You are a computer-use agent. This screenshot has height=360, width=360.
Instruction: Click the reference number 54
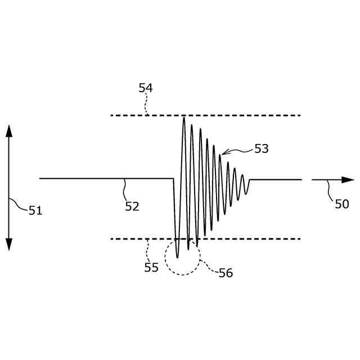click(x=146, y=88)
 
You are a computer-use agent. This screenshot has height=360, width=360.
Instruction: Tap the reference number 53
click(x=262, y=148)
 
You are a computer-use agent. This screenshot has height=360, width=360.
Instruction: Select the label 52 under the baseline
click(x=132, y=206)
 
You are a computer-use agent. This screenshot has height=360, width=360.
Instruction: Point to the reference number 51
click(x=35, y=210)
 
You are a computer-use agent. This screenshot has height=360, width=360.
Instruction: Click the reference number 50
click(x=342, y=204)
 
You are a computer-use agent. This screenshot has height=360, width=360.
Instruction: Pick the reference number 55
click(x=151, y=268)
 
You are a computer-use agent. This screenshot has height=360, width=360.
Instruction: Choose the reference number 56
click(x=226, y=273)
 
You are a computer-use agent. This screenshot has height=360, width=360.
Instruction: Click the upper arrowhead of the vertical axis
click(x=9, y=130)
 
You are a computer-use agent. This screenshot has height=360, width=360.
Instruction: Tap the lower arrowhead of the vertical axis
click(x=9, y=244)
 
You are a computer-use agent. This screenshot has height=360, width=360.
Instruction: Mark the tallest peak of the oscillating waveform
click(x=184, y=118)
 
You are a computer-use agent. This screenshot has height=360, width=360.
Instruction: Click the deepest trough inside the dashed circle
click(x=178, y=257)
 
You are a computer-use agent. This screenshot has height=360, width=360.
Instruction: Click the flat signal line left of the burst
click(x=84, y=178)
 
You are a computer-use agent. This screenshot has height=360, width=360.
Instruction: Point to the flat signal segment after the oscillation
click(x=276, y=179)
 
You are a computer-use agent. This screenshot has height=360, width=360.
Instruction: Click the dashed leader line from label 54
click(x=146, y=104)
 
